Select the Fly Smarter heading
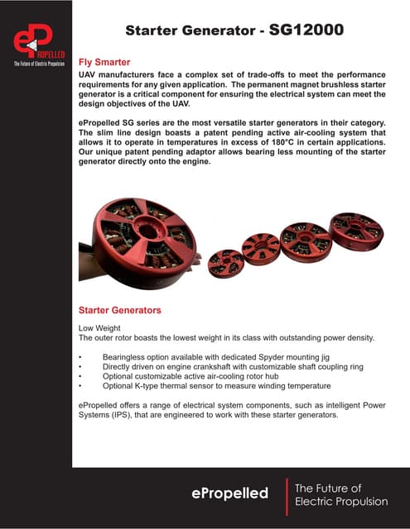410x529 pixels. (104, 62)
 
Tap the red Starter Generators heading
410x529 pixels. (119, 310)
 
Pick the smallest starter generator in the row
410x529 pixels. (225, 262)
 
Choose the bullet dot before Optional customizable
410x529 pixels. (80, 376)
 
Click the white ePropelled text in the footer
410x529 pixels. (229, 493)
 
